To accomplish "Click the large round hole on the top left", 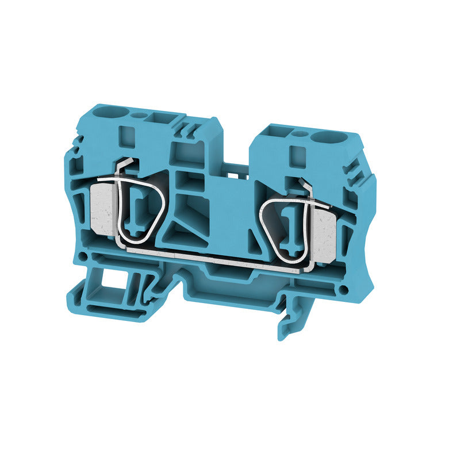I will [x=107, y=109].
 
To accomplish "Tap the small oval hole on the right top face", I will [x=300, y=134].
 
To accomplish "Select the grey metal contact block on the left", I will [x=105, y=210].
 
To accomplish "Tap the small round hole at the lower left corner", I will [x=85, y=255].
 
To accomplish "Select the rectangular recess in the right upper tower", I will [x=297, y=154].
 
